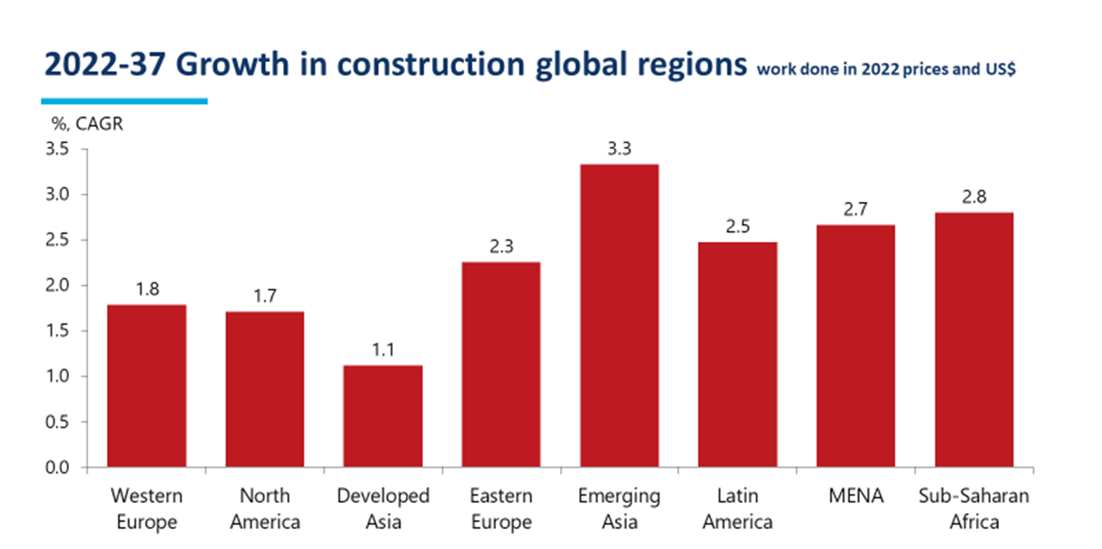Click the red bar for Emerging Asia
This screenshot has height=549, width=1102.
pyautogui.click(x=619, y=316)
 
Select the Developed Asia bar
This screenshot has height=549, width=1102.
pyautogui.click(x=383, y=416)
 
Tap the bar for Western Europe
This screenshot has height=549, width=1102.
pyautogui.click(x=147, y=386)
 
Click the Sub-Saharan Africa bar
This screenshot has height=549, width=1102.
pyautogui.click(x=973, y=340)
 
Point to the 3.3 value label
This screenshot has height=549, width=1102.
pyautogui.click(x=619, y=149)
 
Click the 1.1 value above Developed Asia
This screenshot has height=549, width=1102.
pyautogui.click(x=383, y=351)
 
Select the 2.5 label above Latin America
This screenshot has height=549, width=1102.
pyautogui.click(x=737, y=227)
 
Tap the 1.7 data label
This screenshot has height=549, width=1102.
pyautogui.click(x=265, y=295)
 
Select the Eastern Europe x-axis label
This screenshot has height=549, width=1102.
pyautogui.click(x=501, y=509)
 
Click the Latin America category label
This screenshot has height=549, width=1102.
pyautogui.click(x=737, y=509)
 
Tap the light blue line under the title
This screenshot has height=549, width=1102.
pyautogui.click(x=124, y=101)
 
